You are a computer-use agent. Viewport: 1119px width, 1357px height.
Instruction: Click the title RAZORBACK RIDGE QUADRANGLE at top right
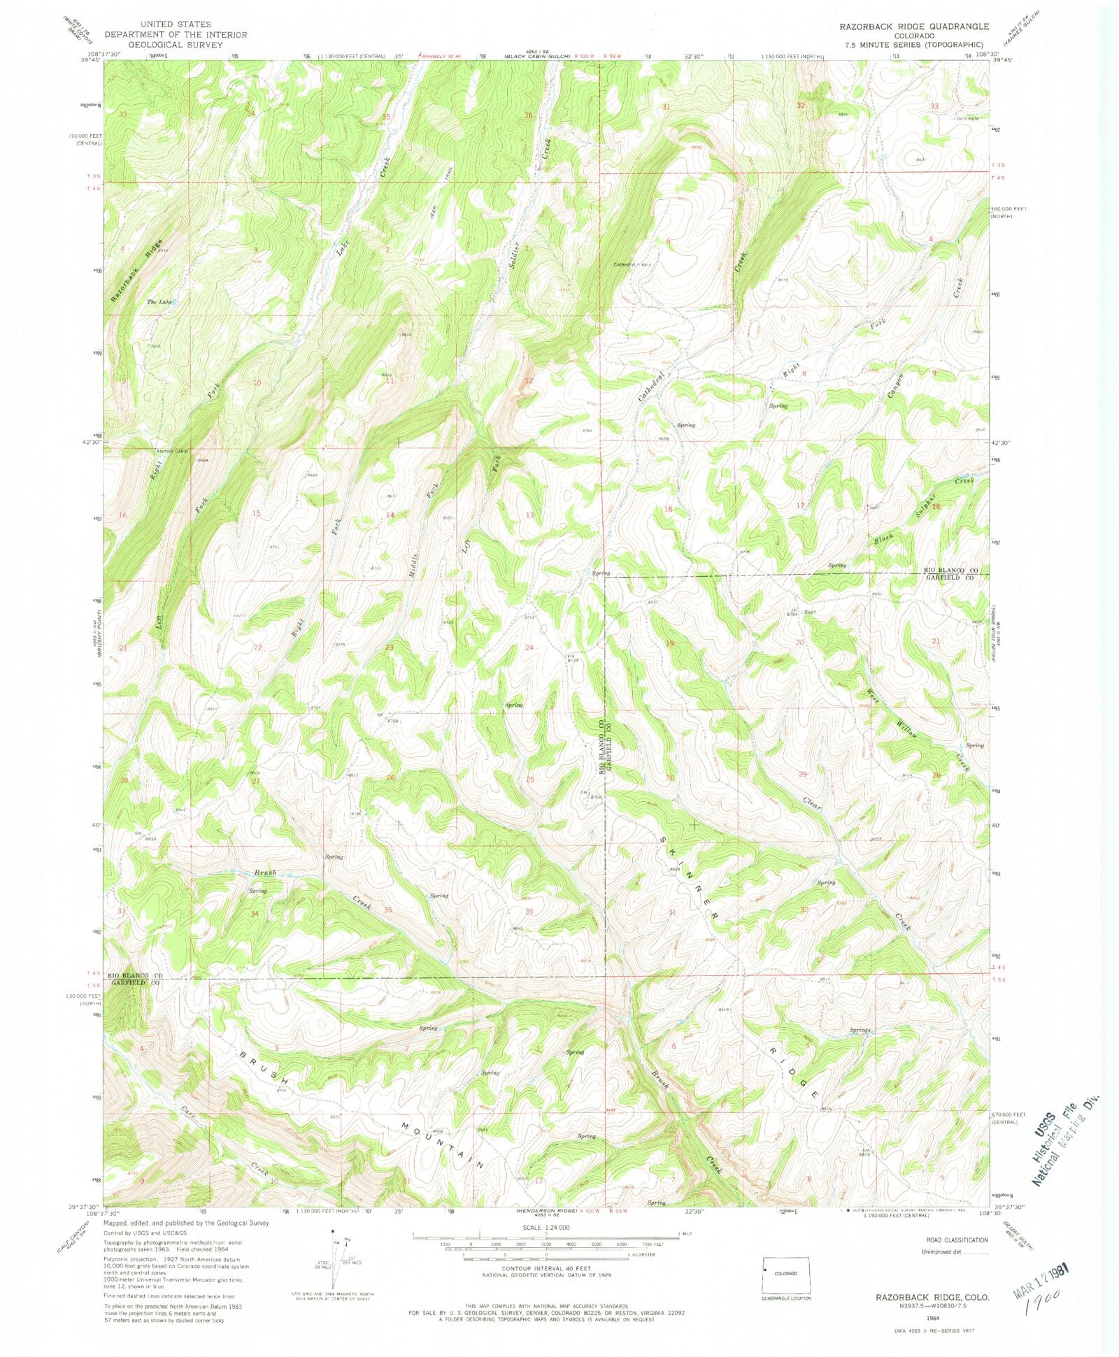point(914,26)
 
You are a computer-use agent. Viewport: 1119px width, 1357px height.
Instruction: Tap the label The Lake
point(159,302)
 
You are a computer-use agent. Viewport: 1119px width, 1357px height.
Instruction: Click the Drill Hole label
point(967,117)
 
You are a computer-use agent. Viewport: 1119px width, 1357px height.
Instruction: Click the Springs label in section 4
point(860,1030)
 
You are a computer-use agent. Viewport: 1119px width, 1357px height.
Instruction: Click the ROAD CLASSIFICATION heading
point(957,1240)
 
